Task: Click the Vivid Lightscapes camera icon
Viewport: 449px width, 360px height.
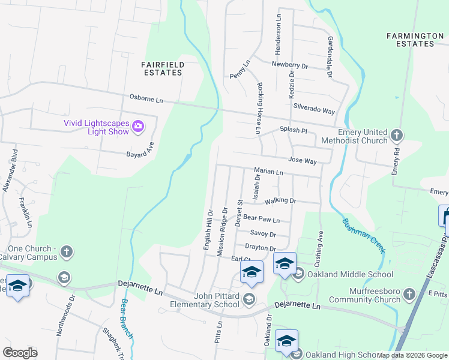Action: (x=139, y=126)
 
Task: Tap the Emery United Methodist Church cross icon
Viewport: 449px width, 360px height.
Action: (x=396, y=136)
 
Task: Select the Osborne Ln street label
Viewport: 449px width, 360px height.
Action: (x=147, y=97)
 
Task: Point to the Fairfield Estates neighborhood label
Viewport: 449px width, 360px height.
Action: (x=162, y=68)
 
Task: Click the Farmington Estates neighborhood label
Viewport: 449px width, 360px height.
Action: (x=415, y=40)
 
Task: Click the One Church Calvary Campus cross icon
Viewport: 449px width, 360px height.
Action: (x=67, y=252)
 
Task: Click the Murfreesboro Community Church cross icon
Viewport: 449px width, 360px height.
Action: (x=409, y=295)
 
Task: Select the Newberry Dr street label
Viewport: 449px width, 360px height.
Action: (x=289, y=64)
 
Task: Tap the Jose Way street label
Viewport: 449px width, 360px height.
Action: (x=302, y=161)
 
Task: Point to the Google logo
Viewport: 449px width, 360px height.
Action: (x=20, y=353)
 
